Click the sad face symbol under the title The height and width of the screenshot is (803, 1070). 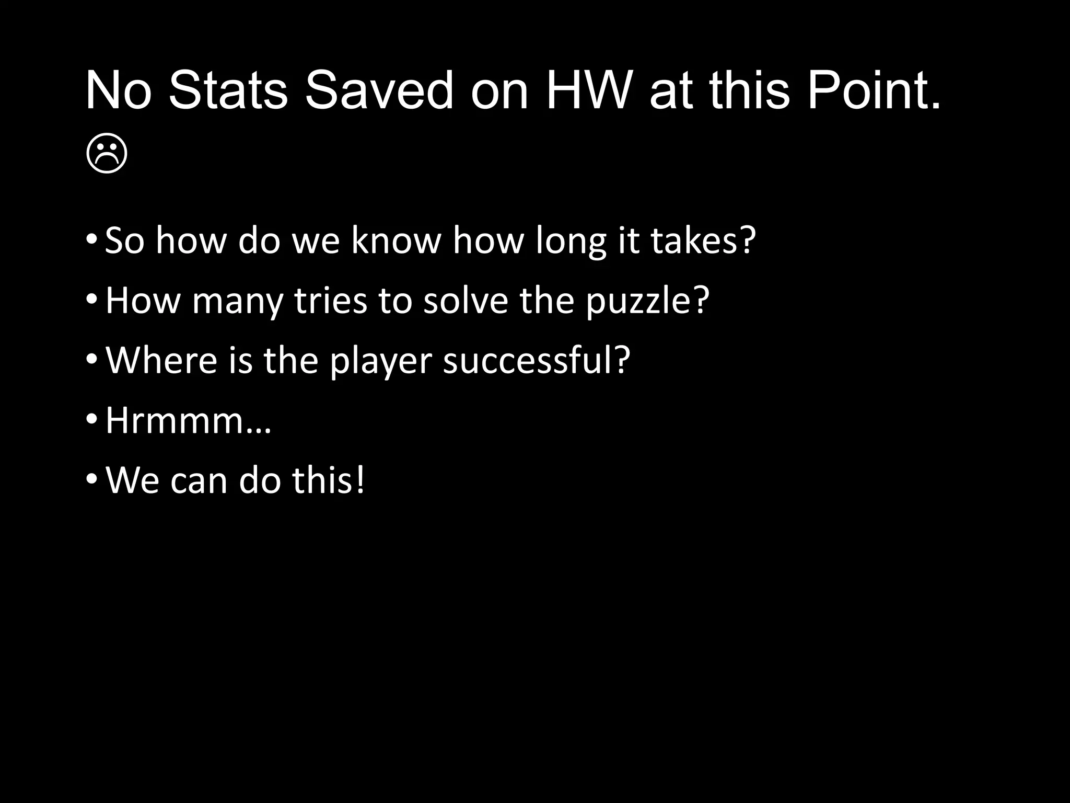(107, 154)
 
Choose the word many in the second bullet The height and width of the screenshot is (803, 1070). (237, 302)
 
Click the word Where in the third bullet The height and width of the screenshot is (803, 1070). (161, 360)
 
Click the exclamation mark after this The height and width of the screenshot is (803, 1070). (359, 480)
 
